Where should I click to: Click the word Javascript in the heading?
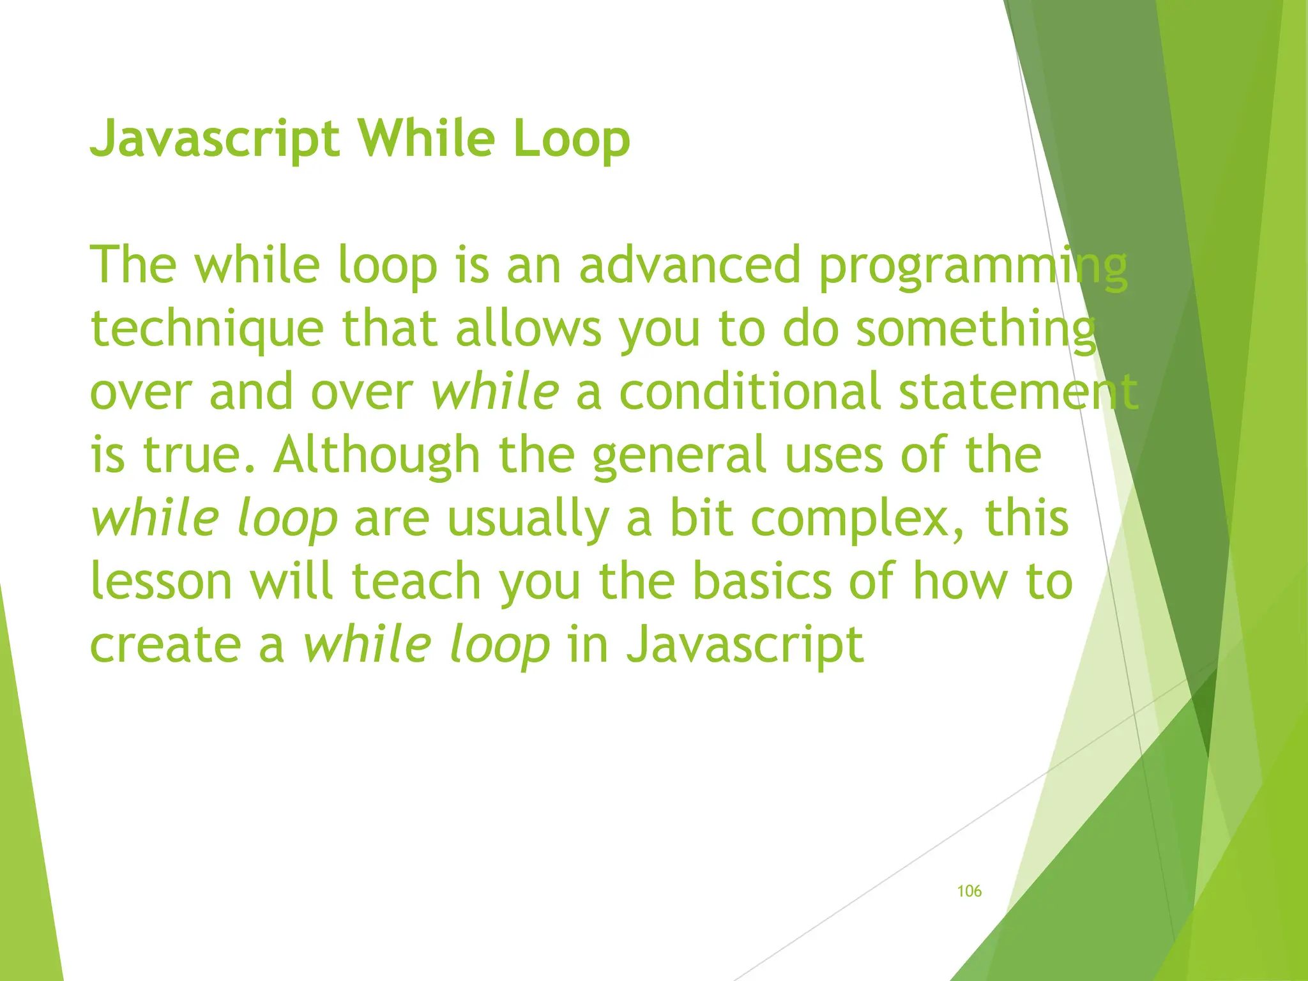tap(215, 139)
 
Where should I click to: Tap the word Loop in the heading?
tap(571, 139)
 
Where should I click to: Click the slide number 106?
tap(969, 891)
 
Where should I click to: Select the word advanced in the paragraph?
tap(689, 266)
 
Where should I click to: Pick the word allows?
tap(528, 328)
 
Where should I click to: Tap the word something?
tap(975, 330)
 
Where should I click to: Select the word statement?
tap(1018, 392)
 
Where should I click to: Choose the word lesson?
tap(161, 581)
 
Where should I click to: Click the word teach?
tap(416, 581)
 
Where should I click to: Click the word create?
tap(165, 645)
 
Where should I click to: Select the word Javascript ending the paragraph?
tap(745, 645)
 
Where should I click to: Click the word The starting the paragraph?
tap(133, 266)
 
